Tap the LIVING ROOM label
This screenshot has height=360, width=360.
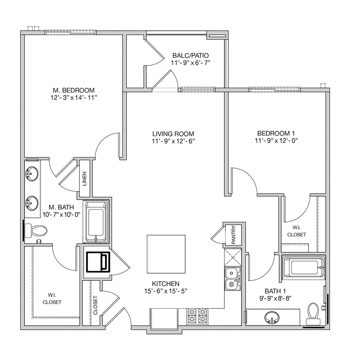coord(173,134)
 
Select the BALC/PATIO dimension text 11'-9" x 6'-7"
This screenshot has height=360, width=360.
coord(190,63)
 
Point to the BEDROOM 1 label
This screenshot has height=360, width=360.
coord(276,133)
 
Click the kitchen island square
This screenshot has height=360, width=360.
coord(166,254)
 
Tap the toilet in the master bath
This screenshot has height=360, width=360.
coord(36,231)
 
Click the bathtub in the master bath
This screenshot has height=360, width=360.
coord(96,222)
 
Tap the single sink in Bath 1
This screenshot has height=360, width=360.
coord(272,318)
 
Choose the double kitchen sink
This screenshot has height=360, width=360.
coord(233,279)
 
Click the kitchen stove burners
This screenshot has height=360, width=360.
coord(197,316)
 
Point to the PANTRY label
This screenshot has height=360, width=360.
coord(234,235)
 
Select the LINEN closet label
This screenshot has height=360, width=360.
coord(84,179)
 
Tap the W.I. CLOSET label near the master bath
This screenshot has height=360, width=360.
coord(52,299)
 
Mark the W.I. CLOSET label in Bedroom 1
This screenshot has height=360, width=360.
coord(297,231)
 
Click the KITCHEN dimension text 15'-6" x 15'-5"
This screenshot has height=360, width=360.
coord(166,291)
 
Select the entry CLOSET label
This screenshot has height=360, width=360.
coord(95,305)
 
